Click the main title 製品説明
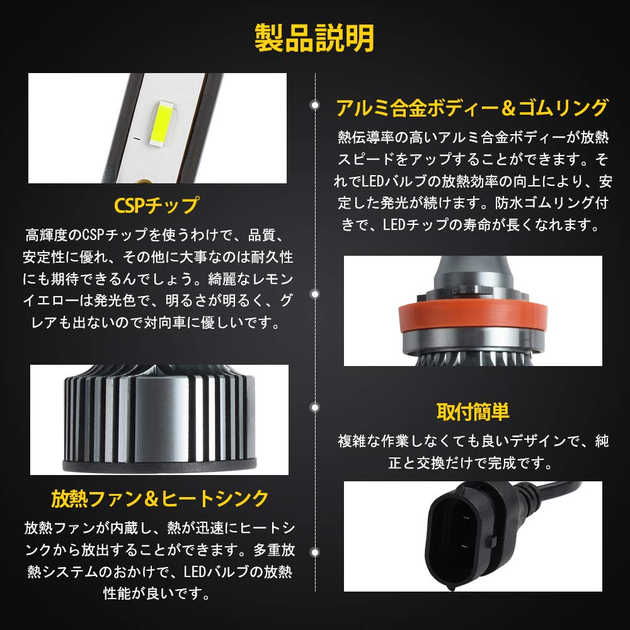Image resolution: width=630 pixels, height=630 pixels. (314, 38)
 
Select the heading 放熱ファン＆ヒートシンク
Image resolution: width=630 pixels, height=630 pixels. (160, 498)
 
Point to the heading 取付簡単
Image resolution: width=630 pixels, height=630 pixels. (472, 412)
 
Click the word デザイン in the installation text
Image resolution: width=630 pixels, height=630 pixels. (520, 442)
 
